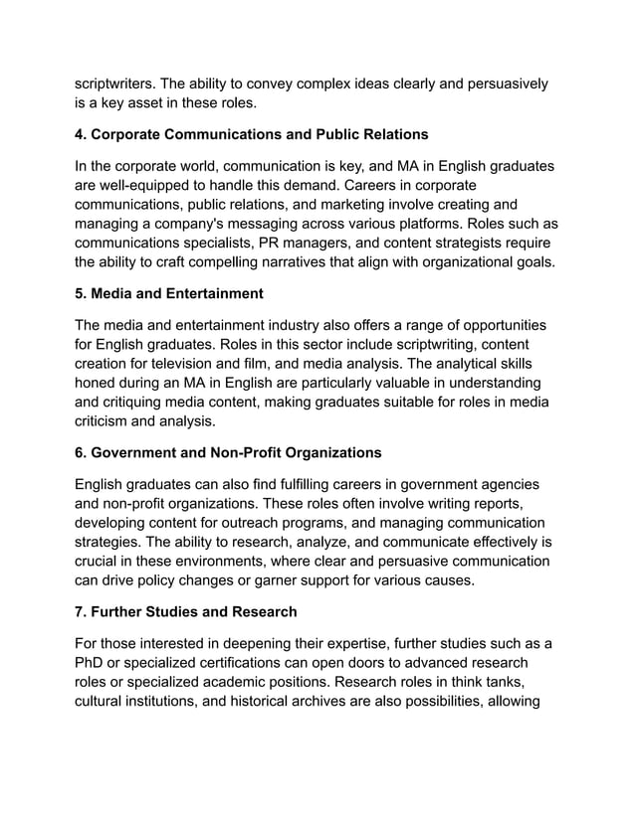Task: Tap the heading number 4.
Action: (x=81, y=134)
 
